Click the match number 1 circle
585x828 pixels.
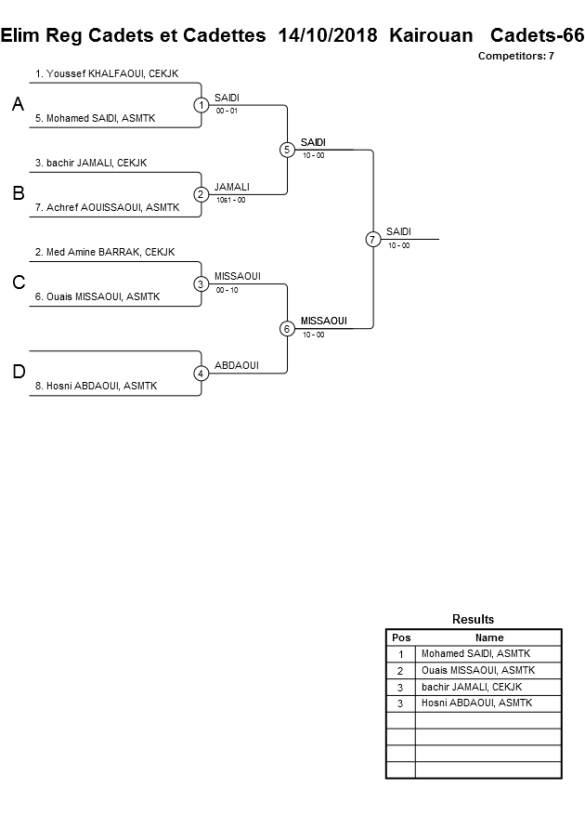pos(201,105)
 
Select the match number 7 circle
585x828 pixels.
pos(372,240)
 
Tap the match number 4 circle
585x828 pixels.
pos(201,374)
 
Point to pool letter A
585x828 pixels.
pos(18,105)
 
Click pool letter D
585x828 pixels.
pos(18,373)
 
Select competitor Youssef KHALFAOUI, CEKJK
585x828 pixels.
pos(106,72)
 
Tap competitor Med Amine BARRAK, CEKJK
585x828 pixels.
pos(104,252)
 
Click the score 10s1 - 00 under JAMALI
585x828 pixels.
pos(230,200)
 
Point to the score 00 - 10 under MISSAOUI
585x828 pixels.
pos(227,289)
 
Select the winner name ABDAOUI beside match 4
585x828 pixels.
pos(236,365)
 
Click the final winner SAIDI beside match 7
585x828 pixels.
pos(398,231)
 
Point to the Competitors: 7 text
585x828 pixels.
pos(515,56)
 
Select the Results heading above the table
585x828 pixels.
pos(473,619)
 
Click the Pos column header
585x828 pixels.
pos(400,637)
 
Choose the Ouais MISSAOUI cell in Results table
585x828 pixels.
pos(477,670)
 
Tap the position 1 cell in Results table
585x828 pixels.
pos(400,654)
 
